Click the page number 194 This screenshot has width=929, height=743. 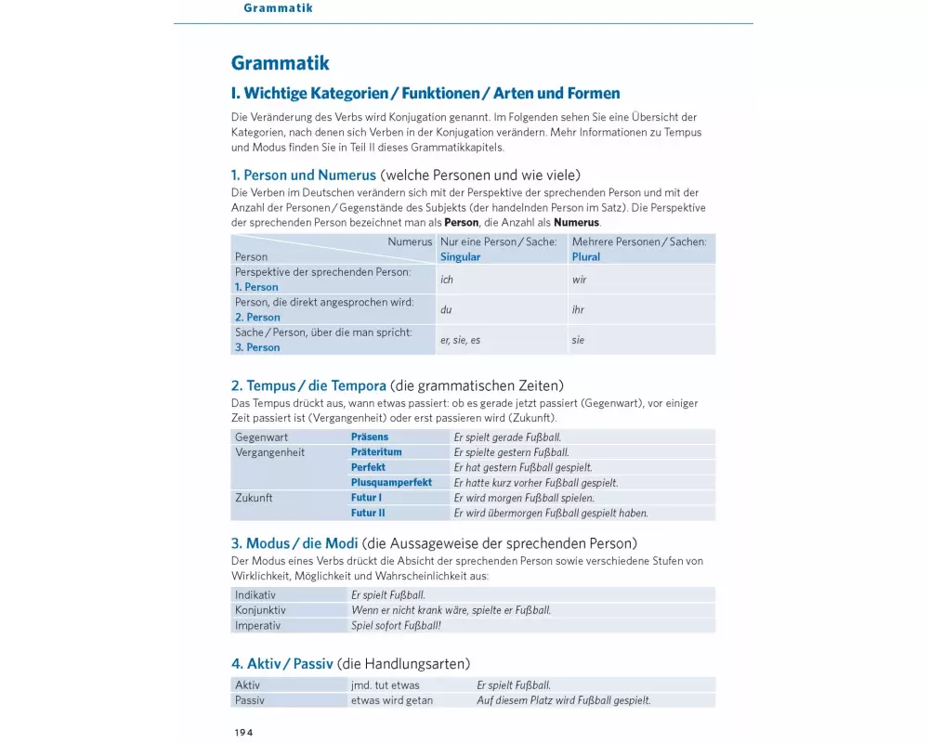(243, 732)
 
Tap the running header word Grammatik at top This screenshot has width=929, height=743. (278, 8)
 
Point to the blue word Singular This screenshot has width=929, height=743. (461, 257)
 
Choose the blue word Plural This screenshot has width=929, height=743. (586, 257)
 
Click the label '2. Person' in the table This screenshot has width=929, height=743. (257, 318)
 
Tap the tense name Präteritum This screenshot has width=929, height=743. (376, 452)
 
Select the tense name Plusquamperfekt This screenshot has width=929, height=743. (391, 483)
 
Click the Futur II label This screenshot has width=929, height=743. (368, 513)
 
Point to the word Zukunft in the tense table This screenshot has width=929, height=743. (254, 498)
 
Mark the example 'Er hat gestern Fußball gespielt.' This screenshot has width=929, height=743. (522, 468)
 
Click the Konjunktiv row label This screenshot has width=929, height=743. (260, 610)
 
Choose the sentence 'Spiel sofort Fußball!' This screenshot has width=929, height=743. (396, 626)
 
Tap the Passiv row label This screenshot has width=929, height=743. (250, 700)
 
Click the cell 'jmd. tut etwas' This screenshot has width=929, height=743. (385, 685)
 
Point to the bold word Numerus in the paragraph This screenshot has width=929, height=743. (576, 223)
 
